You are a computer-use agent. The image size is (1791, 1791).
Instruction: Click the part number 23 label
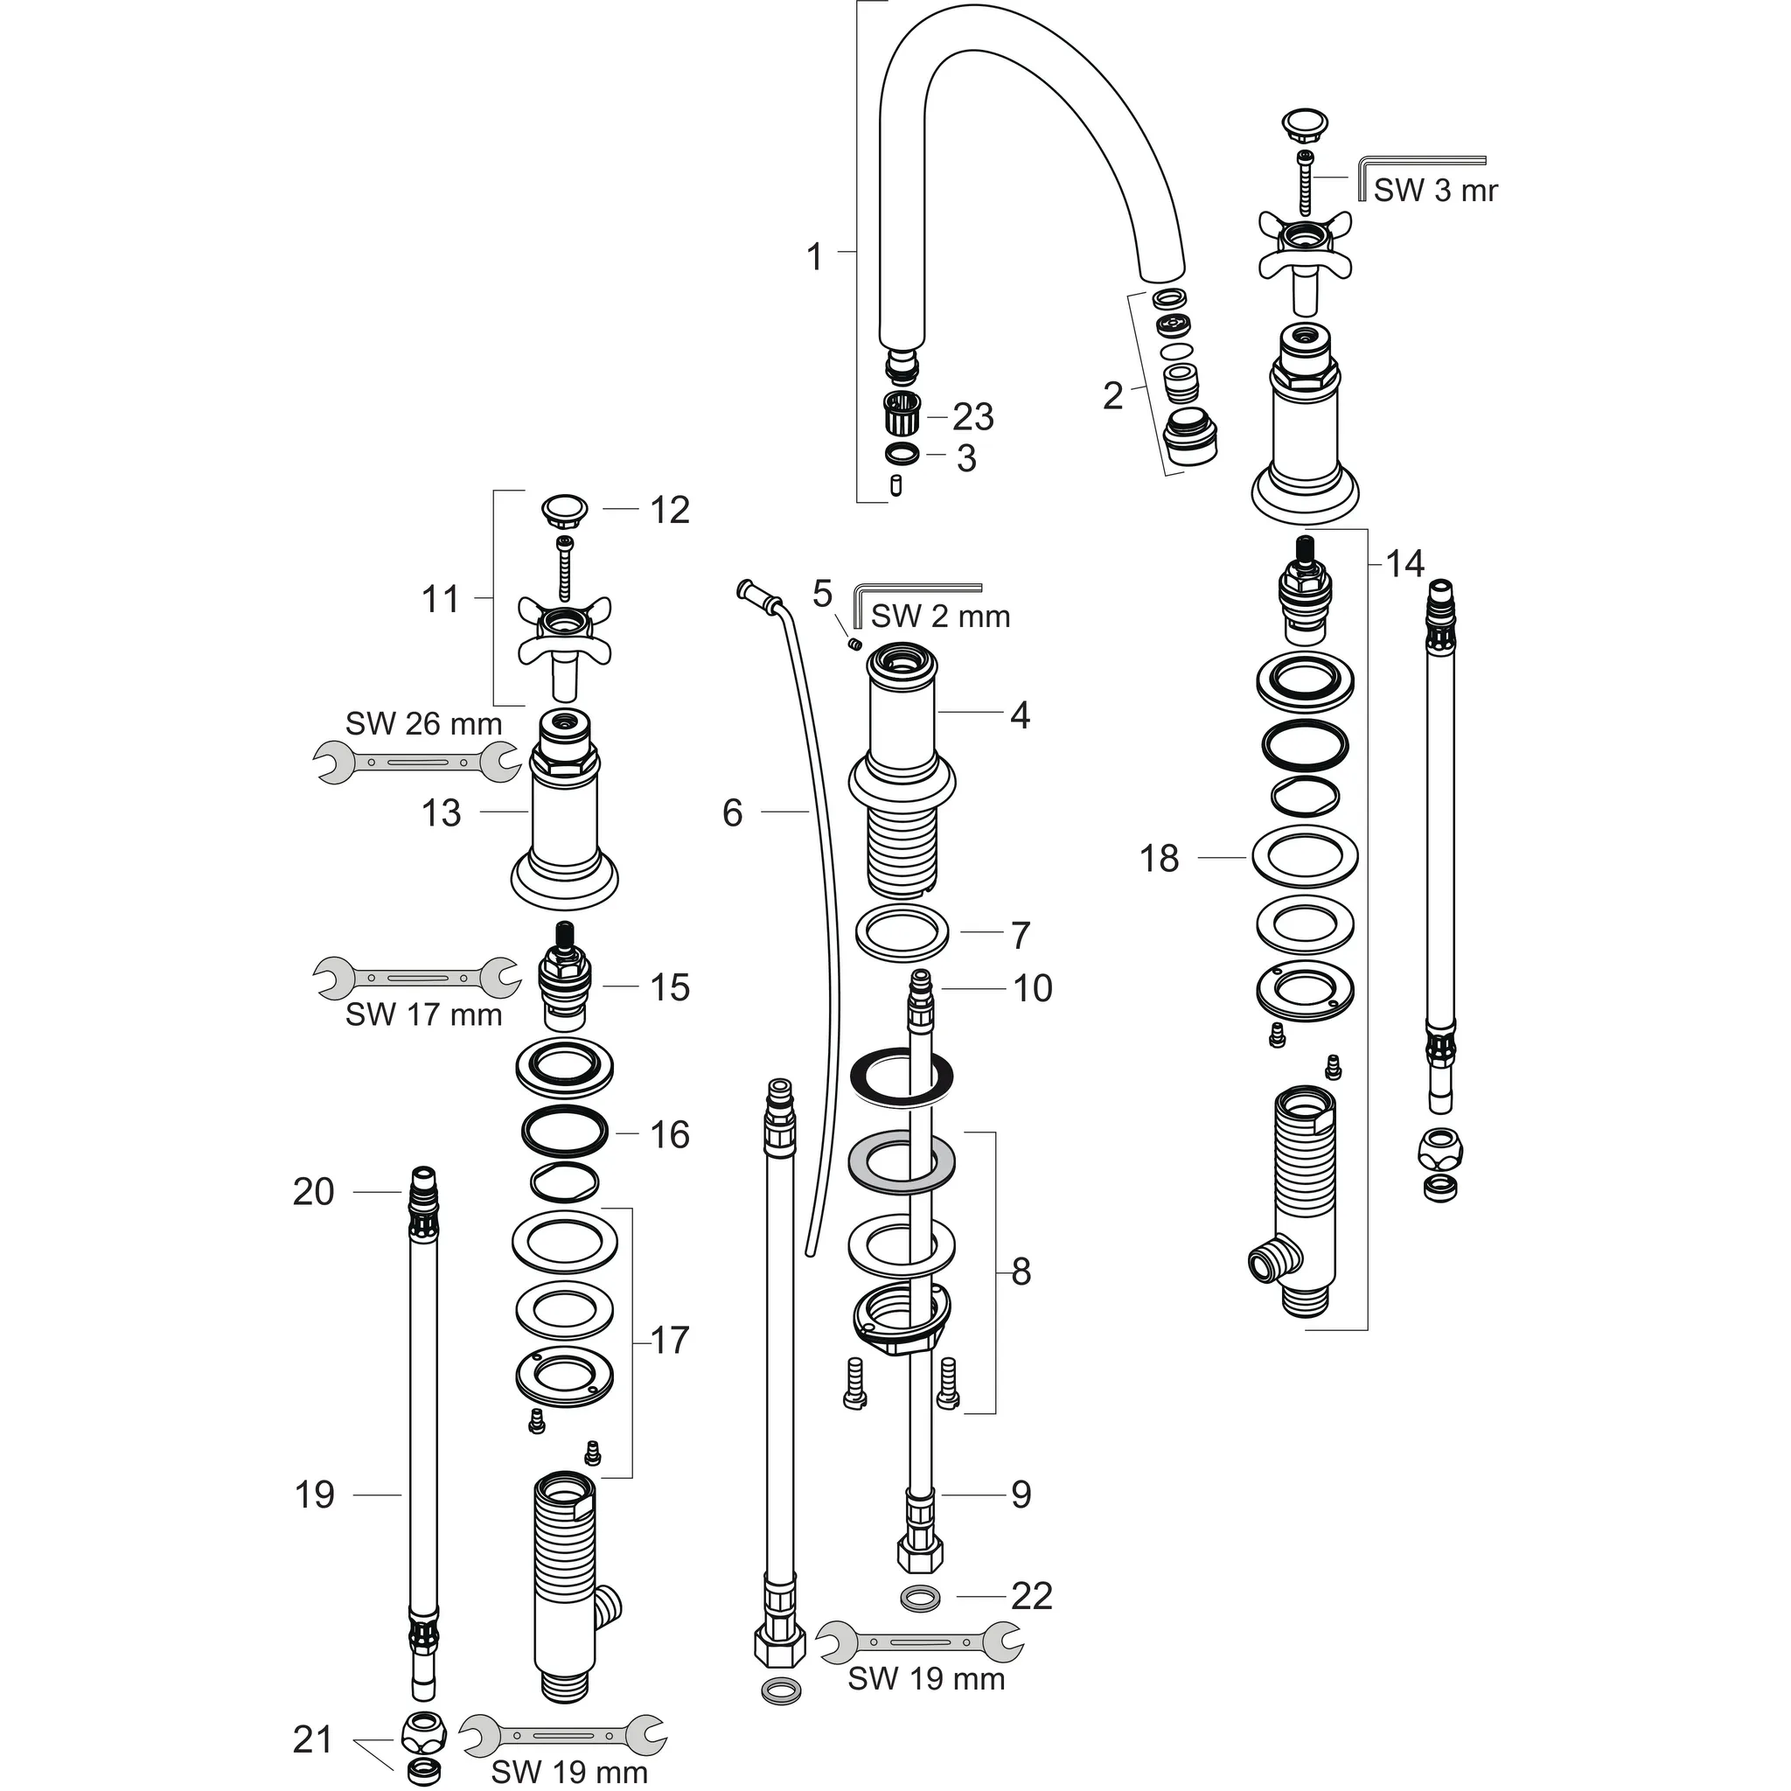pyautogui.click(x=972, y=416)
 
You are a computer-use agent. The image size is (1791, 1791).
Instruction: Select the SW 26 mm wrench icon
pyautogui.click(x=417, y=763)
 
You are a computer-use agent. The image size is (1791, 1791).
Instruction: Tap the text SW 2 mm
pyautogui.click(x=940, y=616)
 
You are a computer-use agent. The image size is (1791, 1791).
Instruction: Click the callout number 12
pyautogui.click(x=669, y=510)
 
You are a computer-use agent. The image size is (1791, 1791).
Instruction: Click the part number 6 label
pyautogui.click(x=732, y=813)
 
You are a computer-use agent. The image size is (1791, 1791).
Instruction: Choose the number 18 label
pyautogui.click(x=1159, y=859)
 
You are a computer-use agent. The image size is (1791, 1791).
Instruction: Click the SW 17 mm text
pyautogui.click(x=423, y=1015)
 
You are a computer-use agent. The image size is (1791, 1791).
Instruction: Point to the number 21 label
pyautogui.click(x=312, y=1740)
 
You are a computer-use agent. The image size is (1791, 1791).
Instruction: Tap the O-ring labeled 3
pyautogui.click(x=900, y=454)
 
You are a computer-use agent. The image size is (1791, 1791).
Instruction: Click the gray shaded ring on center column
pyautogui.click(x=901, y=1162)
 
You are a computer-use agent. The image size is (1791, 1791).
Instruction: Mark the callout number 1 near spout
pyautogui.click(x=814, y=257)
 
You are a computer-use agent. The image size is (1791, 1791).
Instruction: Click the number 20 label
pyautogui.click(x=312, y=1191)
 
